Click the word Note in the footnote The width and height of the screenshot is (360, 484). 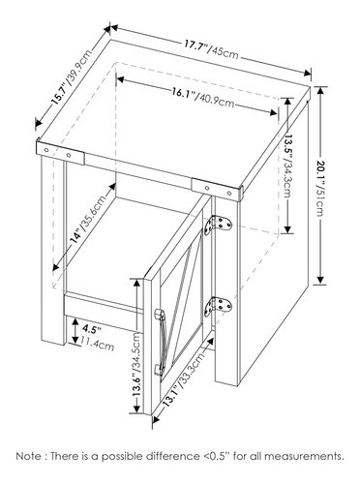(30, 454)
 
